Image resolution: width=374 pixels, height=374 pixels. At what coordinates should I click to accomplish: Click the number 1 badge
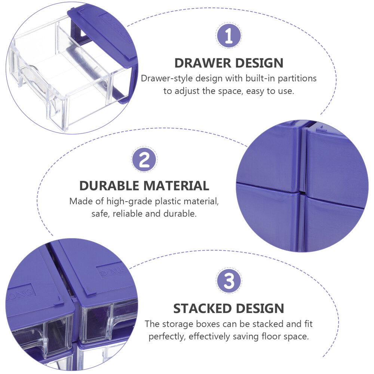pyautogui.click(x=229, y=36)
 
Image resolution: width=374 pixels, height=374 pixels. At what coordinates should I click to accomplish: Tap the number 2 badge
pyautogui.click(x=144, y=159)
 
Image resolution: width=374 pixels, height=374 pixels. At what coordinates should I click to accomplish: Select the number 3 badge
pyautogui.click(x=229, y=280)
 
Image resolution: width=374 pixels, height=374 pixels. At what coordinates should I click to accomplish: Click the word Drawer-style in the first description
pyautogui.click(x=167, y=79)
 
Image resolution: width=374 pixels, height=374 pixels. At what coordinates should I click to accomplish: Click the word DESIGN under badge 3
pyautogui.click(x=260, y=309)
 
